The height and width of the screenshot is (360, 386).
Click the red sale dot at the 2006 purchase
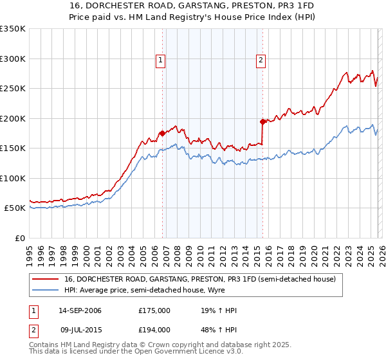pos(162,133)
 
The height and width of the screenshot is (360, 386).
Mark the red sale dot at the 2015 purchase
pos(262,122)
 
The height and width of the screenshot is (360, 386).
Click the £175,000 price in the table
pos(154,310)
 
